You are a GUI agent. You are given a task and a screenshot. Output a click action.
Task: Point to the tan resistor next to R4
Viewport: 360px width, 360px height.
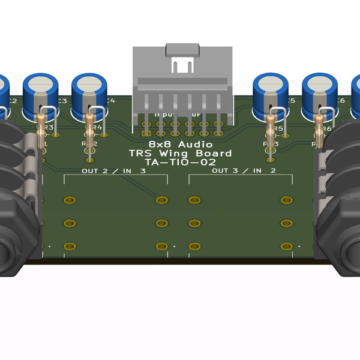pos(90,129)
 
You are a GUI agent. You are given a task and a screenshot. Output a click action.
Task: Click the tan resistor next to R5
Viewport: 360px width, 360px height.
pos(271,129)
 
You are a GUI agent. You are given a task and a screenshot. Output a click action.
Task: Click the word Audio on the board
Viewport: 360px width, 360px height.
pos(199,145)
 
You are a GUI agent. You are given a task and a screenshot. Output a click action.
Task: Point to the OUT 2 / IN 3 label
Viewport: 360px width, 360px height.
pos(113,171)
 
